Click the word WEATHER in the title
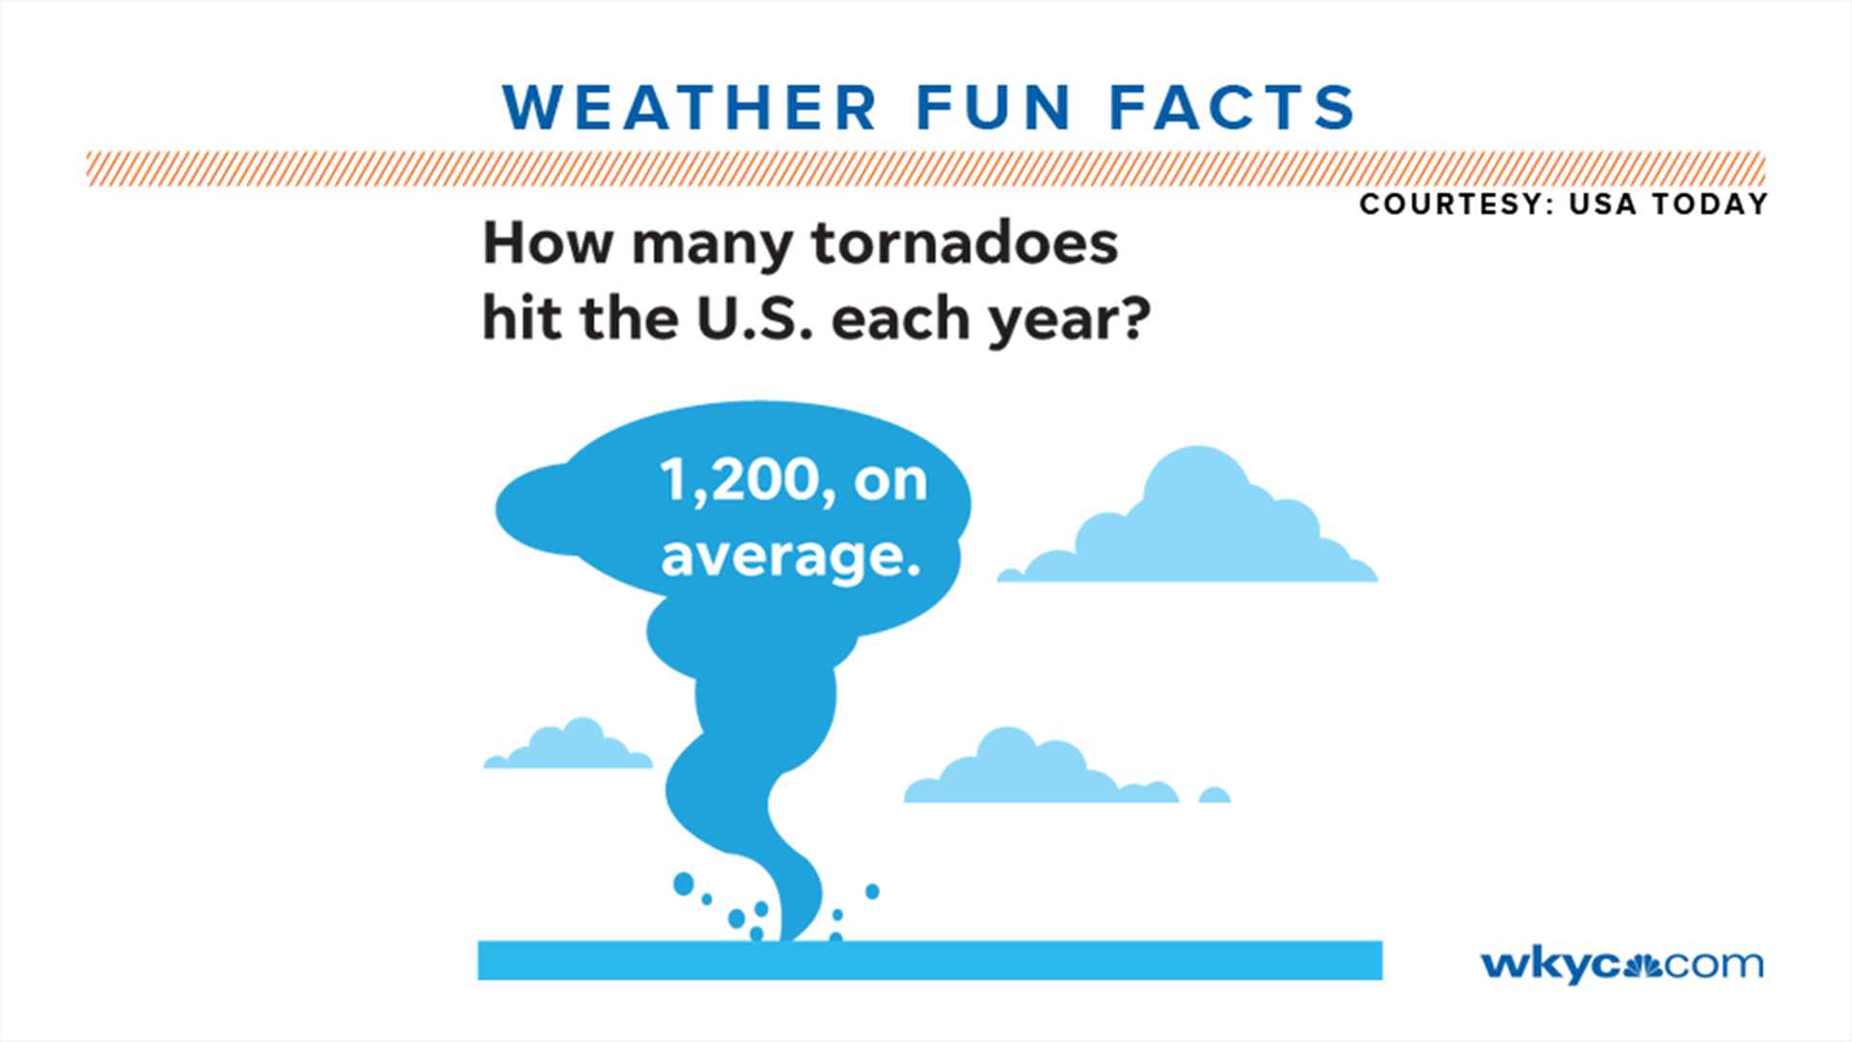689,107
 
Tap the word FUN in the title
994,107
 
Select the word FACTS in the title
1233,107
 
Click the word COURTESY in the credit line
1452,205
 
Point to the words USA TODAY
1669,205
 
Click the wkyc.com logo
1621,964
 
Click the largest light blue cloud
1196,526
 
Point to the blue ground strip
930,960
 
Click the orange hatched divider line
926,168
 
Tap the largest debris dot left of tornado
683,883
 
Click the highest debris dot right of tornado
872,891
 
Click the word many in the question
712,245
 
